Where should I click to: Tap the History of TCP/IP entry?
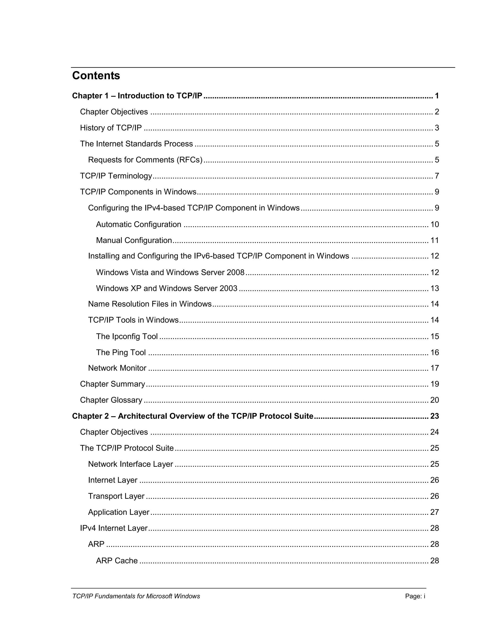[x=111, y=128]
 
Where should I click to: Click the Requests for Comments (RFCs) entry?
[x=145, y=160]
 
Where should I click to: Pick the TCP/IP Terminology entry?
[x=116, y=176]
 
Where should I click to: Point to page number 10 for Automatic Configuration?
[x=434, y=224]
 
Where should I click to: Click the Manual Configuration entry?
[x=134, y=240]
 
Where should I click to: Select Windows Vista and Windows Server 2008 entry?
[x=170, y=272]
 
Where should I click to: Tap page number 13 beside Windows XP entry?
[x=434, y=288]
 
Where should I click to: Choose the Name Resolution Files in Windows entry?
[x=150, y=304]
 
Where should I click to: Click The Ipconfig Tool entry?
[x=127, y=336]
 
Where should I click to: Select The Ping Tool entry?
[x=121, y=352]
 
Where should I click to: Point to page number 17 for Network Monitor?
[x=434, y=368]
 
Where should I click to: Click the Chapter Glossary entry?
[x=111, y=400]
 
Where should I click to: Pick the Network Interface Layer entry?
[x=130, y=464]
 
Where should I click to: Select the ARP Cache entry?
[x=117, y=561]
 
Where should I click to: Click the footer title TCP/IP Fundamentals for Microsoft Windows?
[x=136, y=596]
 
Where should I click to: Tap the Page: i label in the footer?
[x=415, y=596]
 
